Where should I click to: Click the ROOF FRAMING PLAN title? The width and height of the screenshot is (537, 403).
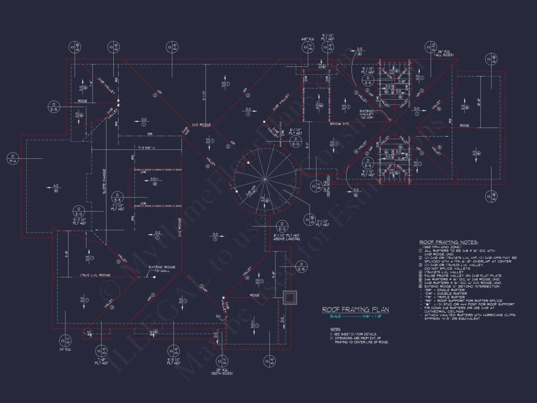click(x=355, y=309)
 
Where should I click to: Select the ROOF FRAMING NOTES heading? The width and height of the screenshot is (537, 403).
click(x=449, y=242)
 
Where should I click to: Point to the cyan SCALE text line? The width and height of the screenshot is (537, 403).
click(x=355, y=317)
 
